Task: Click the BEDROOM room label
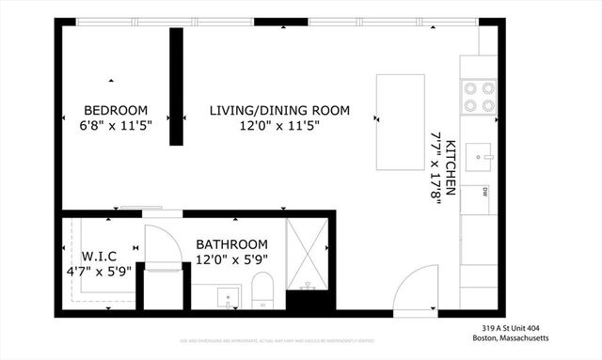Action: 115,109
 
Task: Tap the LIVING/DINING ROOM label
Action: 278,110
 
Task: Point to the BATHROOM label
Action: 231,243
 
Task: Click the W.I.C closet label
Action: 100,256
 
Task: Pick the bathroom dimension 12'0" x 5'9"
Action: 231,259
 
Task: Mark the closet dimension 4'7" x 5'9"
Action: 100,272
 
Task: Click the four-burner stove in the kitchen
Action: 478,98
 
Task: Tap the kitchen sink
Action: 480,150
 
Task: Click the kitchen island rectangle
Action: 400,121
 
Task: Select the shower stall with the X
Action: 308,253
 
